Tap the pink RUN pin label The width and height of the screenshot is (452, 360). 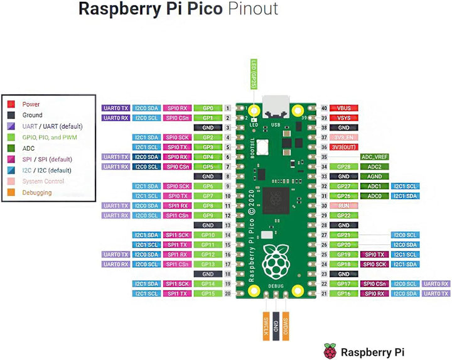pos(343,205)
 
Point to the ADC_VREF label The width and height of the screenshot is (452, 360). pos(375,156)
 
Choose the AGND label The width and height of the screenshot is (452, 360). pos(375,177)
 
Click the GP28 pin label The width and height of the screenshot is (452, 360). pos(343,166)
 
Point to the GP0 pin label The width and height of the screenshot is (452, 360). pos(208,108)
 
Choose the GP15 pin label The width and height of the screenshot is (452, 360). pos(208,293)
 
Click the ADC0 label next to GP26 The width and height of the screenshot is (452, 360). pos(375,196)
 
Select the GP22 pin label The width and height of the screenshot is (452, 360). pos(343,215)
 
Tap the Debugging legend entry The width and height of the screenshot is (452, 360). pos(37,192)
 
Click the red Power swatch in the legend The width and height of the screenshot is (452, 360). pos(11,104)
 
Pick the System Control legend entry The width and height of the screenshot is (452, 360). pos(43,181)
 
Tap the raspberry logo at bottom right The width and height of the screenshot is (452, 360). pos(330,350)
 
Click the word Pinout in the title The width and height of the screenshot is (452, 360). pos(253,9)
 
